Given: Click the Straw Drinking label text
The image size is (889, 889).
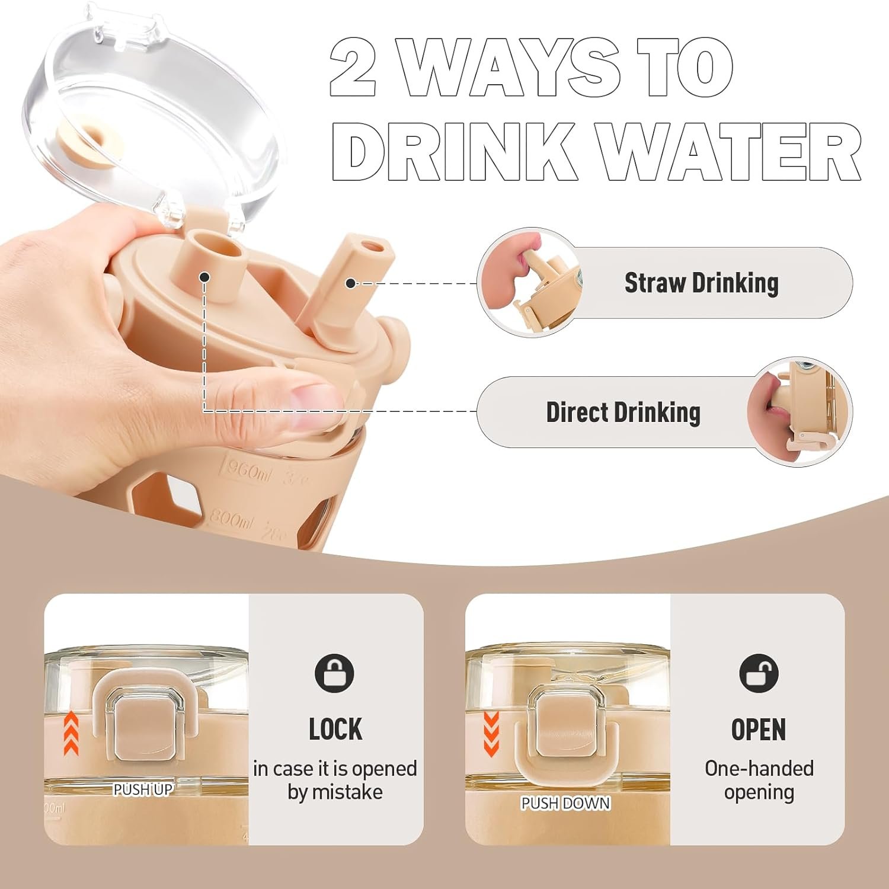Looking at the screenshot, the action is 701,283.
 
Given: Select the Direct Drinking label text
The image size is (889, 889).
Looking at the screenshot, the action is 623,412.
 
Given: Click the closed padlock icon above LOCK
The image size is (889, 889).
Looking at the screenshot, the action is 334,673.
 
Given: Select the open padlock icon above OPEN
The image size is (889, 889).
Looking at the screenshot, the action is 759,673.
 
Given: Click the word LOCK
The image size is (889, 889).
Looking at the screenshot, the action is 335,730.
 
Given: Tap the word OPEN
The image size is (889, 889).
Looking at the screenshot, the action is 759,730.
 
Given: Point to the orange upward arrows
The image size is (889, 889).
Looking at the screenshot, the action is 71,733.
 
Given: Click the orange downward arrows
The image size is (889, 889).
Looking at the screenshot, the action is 491,734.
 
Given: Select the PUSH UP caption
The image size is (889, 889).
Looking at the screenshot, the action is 143,789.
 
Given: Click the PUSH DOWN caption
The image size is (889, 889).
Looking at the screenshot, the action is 565,803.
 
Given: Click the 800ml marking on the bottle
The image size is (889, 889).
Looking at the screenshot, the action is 232,519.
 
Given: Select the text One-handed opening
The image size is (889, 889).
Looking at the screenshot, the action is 759,780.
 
